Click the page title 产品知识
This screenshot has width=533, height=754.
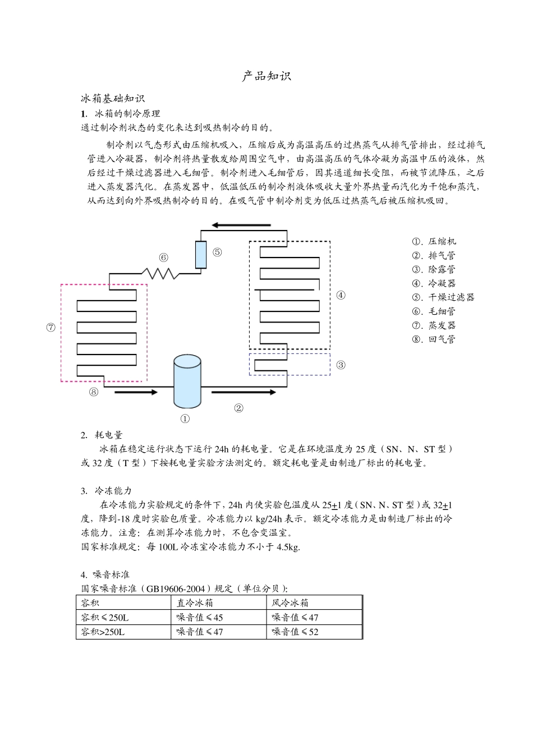click(266, 76)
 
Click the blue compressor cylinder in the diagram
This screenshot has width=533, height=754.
click(187, 381)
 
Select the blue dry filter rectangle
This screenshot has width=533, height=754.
click(201, 255)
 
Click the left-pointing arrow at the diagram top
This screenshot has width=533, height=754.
click(241, 226)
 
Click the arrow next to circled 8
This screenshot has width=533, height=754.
click(136, 392)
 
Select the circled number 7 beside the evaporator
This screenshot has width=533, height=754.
click(51, 328)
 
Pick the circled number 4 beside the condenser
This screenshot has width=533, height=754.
click(341, 295)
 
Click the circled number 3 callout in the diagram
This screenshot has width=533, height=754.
click(341, 365)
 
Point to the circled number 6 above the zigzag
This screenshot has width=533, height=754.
click(163, 258)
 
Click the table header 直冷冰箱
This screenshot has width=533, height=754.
click(195, 603)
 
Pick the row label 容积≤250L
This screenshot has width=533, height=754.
click(105, 618)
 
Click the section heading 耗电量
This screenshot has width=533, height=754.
click(109, 435)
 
